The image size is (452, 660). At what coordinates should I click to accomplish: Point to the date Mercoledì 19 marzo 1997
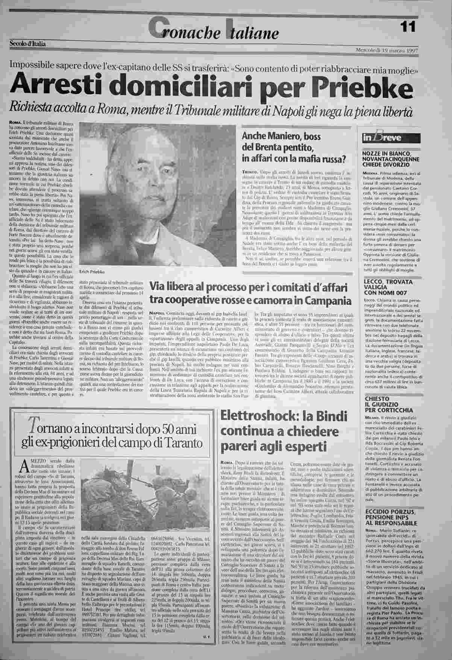387,50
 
